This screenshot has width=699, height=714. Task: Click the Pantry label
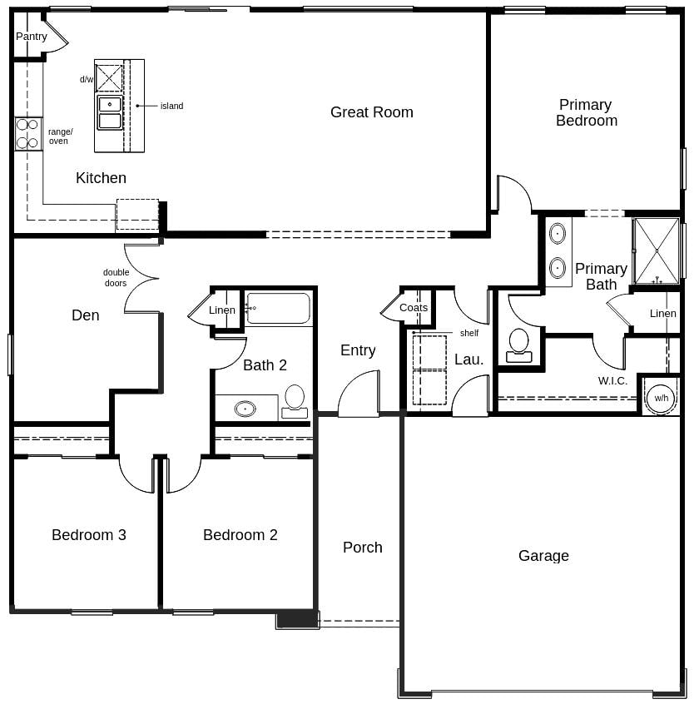pos(32,37)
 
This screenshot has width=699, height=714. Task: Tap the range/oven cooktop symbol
pos(27,134)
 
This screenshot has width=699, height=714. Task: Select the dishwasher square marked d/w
pos(109,78)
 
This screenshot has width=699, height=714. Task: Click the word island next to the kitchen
pos(171,106)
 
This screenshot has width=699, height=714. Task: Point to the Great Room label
pos(371,112)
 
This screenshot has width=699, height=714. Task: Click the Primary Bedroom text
pos(586,112)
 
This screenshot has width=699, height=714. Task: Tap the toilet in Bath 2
pos(295,400)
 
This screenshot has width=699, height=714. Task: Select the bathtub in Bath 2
pos(278,308)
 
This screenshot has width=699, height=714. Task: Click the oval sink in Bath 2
pos(245,409)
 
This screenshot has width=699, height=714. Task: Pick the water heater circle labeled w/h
pos(661,398)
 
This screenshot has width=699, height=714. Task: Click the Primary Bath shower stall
pos(657,250)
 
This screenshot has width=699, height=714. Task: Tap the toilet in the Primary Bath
pos(519,345)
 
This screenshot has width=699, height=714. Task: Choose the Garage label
pos(543,556)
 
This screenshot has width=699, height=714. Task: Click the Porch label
pos(363,548)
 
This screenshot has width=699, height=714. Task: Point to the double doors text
pos(116,278)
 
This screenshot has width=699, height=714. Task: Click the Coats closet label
pos(414,308)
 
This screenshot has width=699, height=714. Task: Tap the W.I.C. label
pos(612,381)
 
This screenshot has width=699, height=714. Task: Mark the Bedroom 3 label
pos(89,535)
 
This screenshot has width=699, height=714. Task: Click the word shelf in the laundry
pos(469,333)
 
